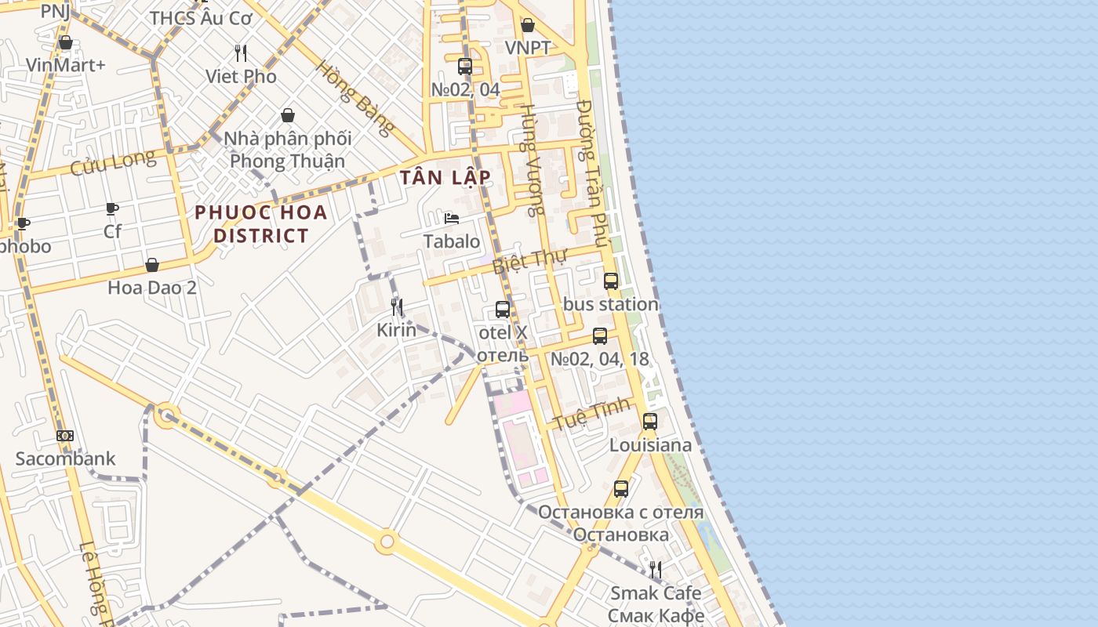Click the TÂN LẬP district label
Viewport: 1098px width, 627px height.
[445, 177]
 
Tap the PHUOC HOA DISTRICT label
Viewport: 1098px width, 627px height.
[261, 223]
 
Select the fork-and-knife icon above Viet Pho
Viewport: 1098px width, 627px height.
[241, 53]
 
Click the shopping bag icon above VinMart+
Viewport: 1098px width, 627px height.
[66, 42]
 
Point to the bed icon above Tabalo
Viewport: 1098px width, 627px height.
[452, 219]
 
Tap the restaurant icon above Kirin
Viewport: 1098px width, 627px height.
[397, 307]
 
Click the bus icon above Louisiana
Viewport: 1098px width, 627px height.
[650, 422]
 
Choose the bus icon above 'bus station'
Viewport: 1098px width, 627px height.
[611, 281]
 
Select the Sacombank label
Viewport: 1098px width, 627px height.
[65, 458]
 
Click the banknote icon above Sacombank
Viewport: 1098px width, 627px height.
[65, 436]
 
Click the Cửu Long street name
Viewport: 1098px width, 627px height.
[113, 164]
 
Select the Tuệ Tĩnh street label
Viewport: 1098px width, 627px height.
[592, 413]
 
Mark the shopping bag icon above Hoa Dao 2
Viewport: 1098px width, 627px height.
[152, 265]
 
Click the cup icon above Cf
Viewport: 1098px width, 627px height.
[112, 208]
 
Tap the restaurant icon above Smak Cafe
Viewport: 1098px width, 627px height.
[656, 570]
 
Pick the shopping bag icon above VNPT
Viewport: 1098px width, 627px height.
[528, 26]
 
